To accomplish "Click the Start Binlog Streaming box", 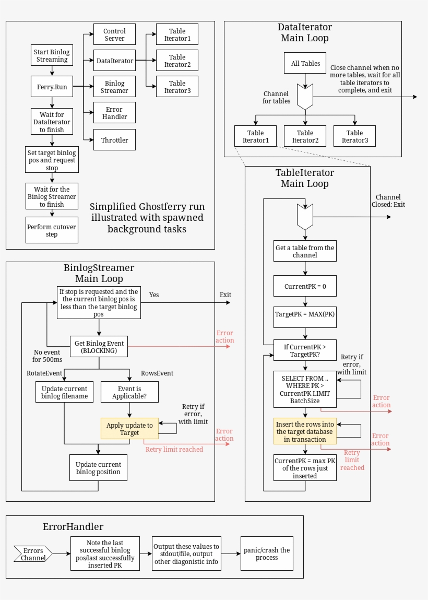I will click(x=52, y=56).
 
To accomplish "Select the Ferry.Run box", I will click(x=52, y=87).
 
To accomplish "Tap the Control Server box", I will click(x=114, y=35).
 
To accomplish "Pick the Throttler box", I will click(x=114, y=140).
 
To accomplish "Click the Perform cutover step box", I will click(x=52, y=231).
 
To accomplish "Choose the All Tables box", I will click(x=305, y=64).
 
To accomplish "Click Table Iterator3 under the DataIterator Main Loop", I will click(x=354, y=136).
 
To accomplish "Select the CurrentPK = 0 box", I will click(x=305, y=287).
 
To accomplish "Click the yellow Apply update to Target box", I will click(x=129, y=429).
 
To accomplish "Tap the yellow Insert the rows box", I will click(x=305, y=432).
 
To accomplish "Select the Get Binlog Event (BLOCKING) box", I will click(x=99, y=347).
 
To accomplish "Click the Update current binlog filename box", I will click(x=64, y=392).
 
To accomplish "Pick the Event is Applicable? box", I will click(x=129, y=392).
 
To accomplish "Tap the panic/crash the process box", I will click(x=266, y=554).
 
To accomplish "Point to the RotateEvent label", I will click(x=44, y=373).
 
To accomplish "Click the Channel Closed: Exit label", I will click(x=388, y=201).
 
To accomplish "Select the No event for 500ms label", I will click(x=46, y=356).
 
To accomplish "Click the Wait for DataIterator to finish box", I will click(x=52, y=122).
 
